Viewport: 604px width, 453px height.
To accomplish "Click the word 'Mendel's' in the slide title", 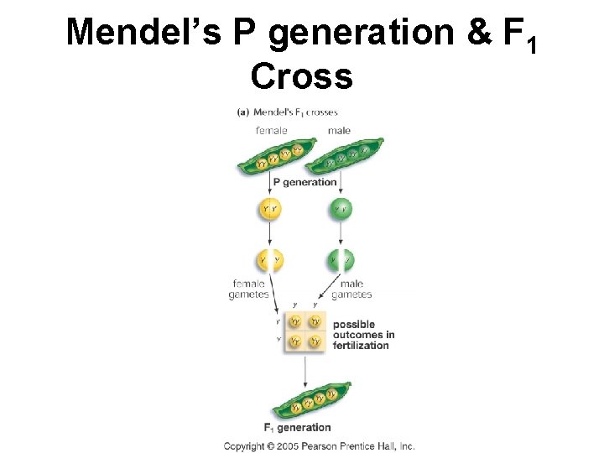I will click(142, 32).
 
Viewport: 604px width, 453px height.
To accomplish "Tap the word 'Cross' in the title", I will click(301, 76).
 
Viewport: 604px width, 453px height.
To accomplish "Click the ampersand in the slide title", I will click(477, 32).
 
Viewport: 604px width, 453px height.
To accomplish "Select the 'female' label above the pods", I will click(271, 130).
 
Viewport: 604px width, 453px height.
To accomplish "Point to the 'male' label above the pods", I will click(339, 130).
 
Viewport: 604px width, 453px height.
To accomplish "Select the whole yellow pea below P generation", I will click(270, 208).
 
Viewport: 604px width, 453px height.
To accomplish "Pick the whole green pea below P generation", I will click(341, 208).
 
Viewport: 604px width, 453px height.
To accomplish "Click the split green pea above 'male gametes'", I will click(341, 260).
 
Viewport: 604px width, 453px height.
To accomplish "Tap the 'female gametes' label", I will click(248, 289).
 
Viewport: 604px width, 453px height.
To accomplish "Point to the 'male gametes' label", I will click(351, 289).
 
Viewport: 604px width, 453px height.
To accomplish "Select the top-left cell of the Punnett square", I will click(295, 321).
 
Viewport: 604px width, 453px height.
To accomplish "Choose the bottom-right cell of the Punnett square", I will click(315, 341).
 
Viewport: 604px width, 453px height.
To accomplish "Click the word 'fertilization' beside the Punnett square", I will click(361, 346).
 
